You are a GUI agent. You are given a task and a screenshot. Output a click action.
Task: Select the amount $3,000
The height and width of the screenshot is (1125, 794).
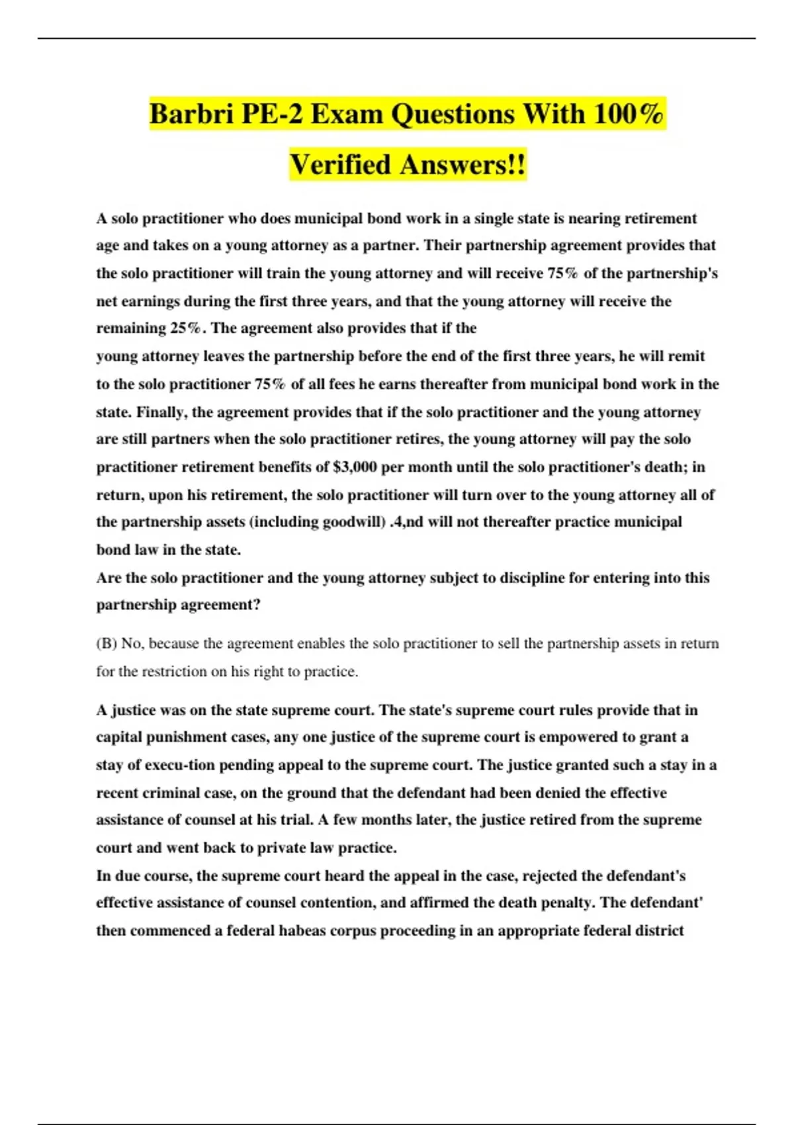pos(355,467)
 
